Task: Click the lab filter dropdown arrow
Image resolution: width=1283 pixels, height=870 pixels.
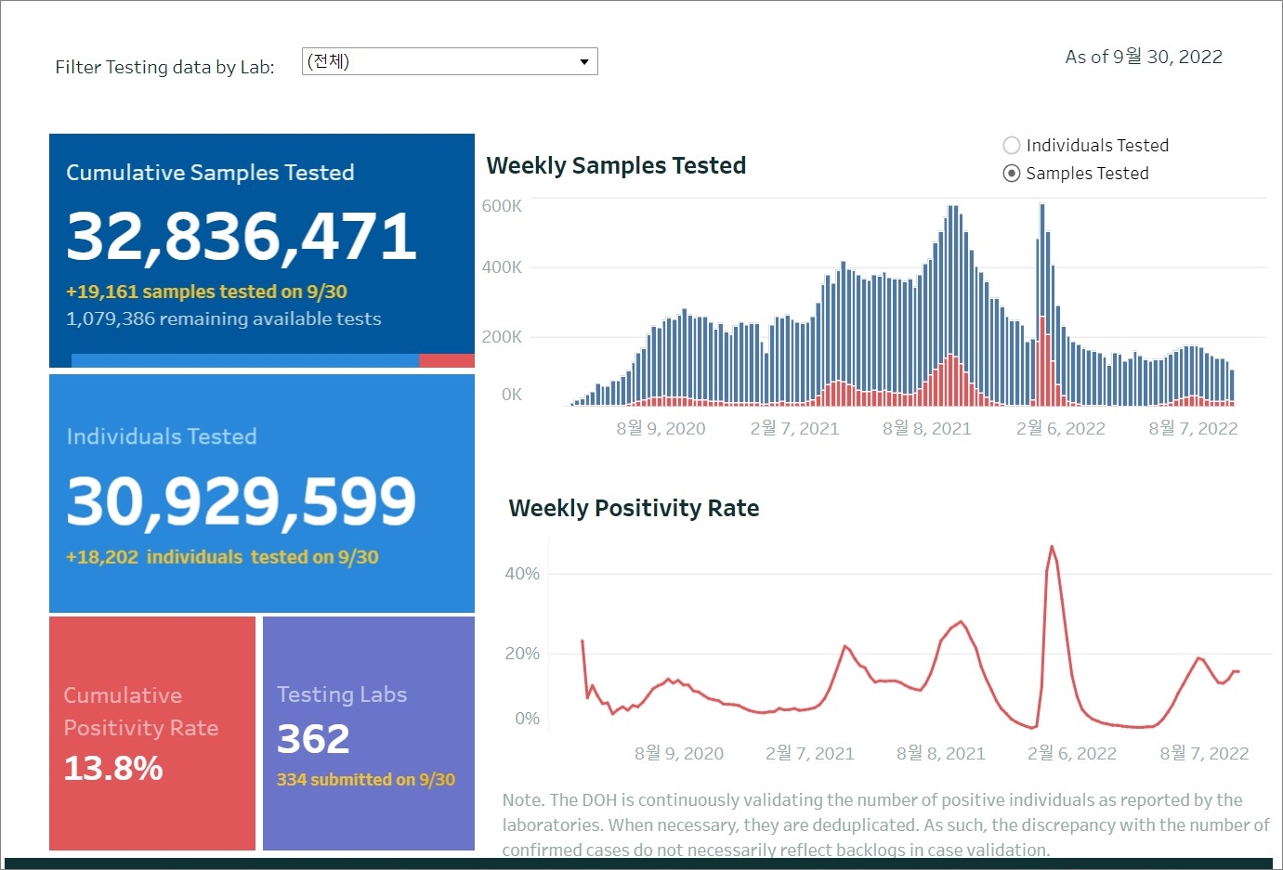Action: tap(584, 62)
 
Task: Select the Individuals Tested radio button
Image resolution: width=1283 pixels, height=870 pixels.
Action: tap(1012, 146)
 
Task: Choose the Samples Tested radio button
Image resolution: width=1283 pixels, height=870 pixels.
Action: tap(1012, 174)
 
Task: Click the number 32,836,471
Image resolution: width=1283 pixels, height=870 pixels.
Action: tap(242, 236)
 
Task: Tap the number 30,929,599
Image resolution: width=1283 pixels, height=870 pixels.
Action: tap(242, 501)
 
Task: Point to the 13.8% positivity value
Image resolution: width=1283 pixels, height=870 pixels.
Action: tap(113, 769)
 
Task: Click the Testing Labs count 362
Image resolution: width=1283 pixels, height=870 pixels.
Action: tap(313, 739)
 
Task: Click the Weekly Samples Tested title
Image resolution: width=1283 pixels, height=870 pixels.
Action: tap(616, 166)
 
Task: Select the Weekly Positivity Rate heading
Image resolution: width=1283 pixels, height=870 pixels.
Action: tap(634, 509)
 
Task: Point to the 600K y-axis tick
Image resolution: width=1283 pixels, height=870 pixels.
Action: tap(502, 206)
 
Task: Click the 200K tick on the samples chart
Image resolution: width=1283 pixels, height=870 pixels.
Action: tap(502, 337)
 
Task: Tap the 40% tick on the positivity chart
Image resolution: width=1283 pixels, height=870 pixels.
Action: tap(522, 574)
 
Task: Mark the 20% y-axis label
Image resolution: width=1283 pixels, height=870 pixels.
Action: tap(522, 654)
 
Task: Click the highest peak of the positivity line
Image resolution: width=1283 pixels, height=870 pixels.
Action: tap(1053, 547)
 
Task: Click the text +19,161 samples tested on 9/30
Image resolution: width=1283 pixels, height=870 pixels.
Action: tap(206, 292)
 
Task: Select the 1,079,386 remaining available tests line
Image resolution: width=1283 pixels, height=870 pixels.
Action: tap(223, 319)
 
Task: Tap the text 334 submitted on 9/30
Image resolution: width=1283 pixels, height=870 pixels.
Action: tap(366, 780)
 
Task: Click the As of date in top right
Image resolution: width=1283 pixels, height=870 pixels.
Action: tap(1144, 58)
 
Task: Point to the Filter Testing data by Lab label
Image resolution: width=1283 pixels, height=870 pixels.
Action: tap(164, 68)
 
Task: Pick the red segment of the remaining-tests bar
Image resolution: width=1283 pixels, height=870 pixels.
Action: tap(447, 360)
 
